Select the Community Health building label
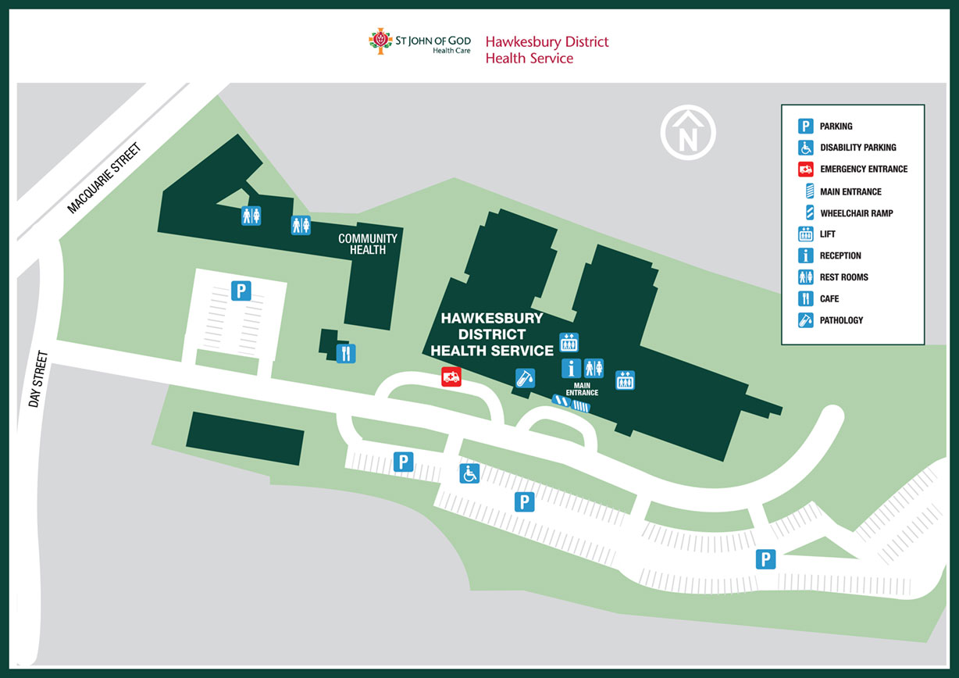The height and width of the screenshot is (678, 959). click(x=367, y=244)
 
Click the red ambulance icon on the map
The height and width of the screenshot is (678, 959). click(x=451, y=376)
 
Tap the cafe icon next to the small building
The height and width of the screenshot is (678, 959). click(x=346, y=353)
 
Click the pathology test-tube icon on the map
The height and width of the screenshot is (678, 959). click(x=525, y=378)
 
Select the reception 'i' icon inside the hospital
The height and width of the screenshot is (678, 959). click(x=572, y=368)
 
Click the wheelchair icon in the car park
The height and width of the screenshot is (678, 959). click(x=469, y=473)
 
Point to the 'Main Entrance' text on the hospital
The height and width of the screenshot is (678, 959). click(x=582, y=388)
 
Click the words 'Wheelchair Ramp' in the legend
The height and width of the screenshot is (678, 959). click(x=856, y=213)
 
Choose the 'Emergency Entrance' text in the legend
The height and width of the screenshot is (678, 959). click(x=863, y=169)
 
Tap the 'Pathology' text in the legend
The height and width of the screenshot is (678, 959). click(x=841, y=320)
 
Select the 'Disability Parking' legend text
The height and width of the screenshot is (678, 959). click(x=857, y=148)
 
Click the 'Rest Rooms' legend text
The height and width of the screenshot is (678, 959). click(x=843, y=277)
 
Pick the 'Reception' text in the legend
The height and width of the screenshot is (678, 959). click(x=840, y=256)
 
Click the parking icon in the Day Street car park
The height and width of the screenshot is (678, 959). click(x=241, y=291)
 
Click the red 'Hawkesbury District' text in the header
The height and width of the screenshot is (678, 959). click(x=547, y=41)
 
